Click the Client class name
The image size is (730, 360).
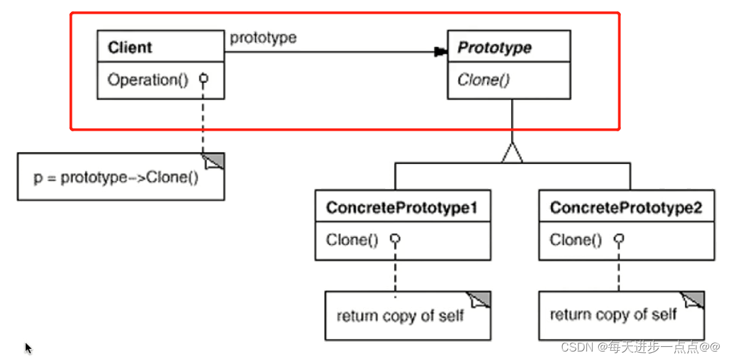130,48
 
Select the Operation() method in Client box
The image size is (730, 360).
148,80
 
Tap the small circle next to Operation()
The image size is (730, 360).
203,79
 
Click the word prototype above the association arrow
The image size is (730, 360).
263,38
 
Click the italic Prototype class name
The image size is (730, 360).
494,48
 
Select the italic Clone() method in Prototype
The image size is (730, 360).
483,80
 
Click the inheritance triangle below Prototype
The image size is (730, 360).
513,153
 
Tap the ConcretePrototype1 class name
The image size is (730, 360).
402,208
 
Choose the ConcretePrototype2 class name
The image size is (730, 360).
626,208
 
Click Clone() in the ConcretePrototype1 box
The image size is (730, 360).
352,240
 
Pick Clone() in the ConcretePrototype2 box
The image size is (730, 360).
576,240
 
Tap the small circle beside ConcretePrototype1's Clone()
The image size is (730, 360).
394,239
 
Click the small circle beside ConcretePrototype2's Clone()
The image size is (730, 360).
619,239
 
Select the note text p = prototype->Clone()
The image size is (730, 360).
116,178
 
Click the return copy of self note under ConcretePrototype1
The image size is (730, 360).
400,316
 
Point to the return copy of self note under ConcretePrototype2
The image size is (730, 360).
613,316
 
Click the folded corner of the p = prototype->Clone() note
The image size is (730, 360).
215,161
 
